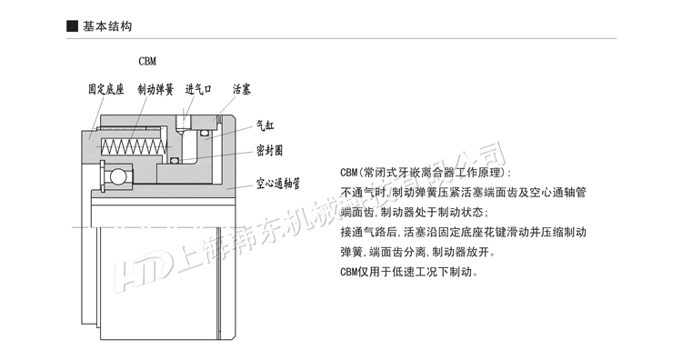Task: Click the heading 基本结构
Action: click(x=107, y=26)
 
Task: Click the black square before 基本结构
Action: click(x=73, y=26)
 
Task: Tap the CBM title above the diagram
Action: click(x=147, y=62)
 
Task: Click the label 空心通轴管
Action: click(x=278, y=184)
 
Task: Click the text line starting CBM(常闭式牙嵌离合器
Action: click(x=425, y=172)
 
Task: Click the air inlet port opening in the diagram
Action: click(x=186, y=121)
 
